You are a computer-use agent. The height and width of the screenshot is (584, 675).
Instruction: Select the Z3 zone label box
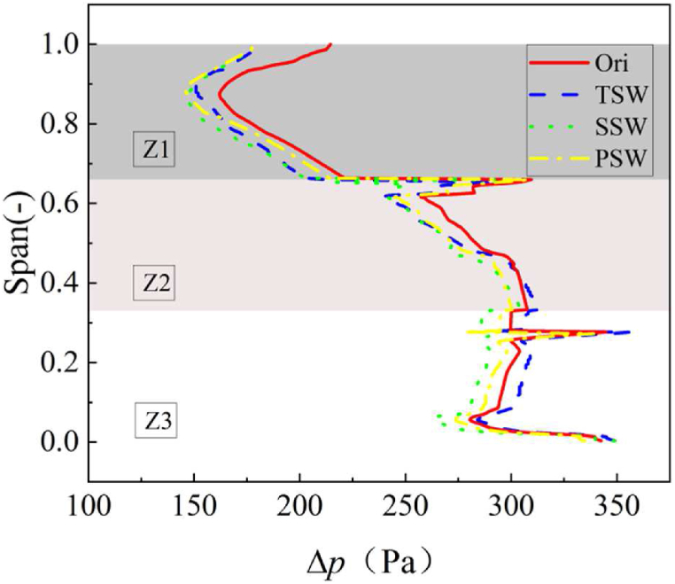click(155, 420)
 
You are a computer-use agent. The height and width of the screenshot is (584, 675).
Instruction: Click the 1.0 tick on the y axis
click(60, 44)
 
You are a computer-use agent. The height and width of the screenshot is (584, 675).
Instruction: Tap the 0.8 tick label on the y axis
click(60, 124)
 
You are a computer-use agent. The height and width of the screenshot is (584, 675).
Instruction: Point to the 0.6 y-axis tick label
click(60, 204)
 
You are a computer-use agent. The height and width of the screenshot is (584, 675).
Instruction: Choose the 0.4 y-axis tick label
click(60, 284)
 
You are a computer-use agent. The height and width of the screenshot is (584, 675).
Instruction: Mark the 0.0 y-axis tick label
click(60, 442)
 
